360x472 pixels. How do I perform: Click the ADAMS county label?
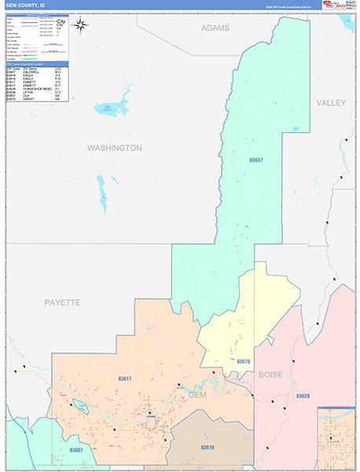coord(215,28)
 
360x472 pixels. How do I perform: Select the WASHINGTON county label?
coord(114,148)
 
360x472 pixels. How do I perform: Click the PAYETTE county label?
coord(62,302)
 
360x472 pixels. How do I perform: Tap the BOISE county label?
coord(270,374)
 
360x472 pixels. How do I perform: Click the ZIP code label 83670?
coord(244,361)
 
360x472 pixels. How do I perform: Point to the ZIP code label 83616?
coord(207,447)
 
